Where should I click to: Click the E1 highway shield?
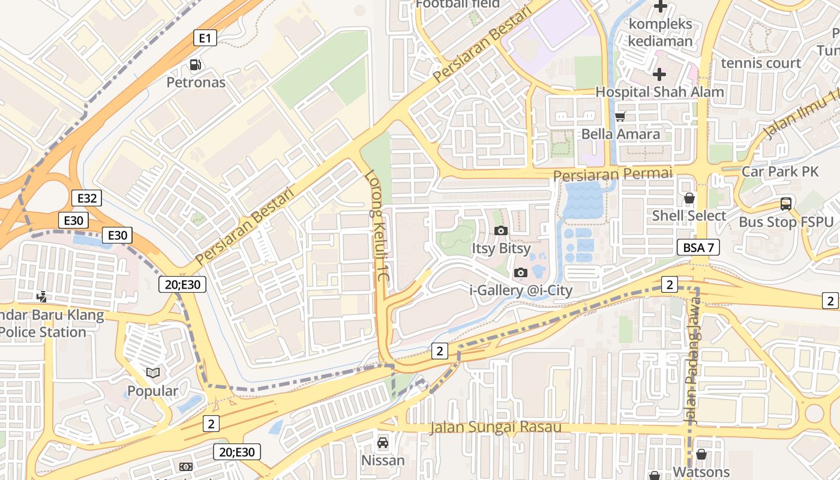point(205,38)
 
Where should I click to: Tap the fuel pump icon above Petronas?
point(195,65)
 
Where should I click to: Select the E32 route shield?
point(86,198)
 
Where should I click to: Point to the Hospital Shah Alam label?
point(659,92)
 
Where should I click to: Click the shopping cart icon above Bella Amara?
point(620,116)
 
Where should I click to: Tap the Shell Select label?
point(689,215)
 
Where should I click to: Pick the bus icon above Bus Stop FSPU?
point(786,204)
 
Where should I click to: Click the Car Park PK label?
point(780,172)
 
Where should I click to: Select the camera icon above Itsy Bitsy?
point(500,230)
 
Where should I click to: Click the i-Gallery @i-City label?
point(521,290)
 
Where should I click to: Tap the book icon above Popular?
point(153,373)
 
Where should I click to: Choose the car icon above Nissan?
point(382,443)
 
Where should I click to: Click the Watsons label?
point(701,472)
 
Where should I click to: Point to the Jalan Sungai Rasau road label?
point(496,427)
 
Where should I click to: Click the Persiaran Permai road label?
point(613,174)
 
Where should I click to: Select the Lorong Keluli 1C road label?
point(378,228)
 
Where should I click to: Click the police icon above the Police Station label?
point(41,296)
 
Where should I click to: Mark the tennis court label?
point(761,63)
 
